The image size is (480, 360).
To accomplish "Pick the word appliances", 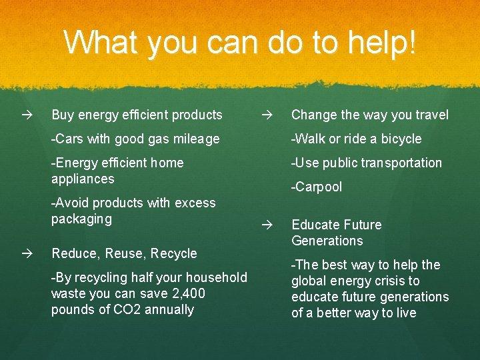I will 83,179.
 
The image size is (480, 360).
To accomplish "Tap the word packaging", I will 81,219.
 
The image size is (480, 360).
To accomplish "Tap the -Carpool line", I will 317,187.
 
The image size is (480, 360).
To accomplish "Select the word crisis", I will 388,281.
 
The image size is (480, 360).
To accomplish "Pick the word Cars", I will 69,139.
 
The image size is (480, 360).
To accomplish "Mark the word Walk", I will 311,139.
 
